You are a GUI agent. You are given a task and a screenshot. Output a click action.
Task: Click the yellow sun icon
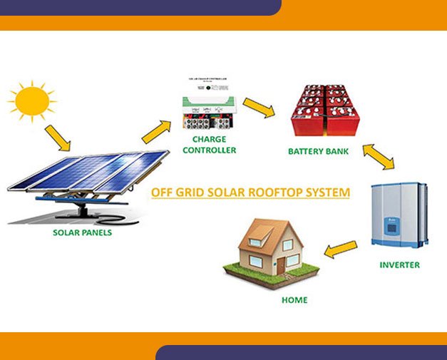pyautogui.click(x=31, y=103)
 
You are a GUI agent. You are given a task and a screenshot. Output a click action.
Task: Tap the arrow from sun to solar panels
pyautogui.click(x=58, y=138)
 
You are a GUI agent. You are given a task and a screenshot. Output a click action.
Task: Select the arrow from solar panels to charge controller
pyautogui.click(x=155, y=131)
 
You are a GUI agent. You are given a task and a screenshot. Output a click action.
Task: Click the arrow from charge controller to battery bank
pyautogui.click(x=259, y=108)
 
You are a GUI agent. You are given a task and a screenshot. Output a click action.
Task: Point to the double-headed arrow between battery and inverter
pyautogui.click(x=378, y=157)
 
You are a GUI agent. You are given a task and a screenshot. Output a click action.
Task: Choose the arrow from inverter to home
pyautogui.click(x=340, y=248)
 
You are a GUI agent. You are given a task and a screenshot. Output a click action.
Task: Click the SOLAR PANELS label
pyautogui.click(x=82, y=232)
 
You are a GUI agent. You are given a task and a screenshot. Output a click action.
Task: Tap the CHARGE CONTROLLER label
pyautogui.click(x=210, y=145)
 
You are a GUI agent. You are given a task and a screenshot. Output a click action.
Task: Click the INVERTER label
pyautogui.click(x=399, y=265)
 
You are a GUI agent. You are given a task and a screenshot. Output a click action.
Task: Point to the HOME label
pyautogui.click(x=294, y=300)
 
